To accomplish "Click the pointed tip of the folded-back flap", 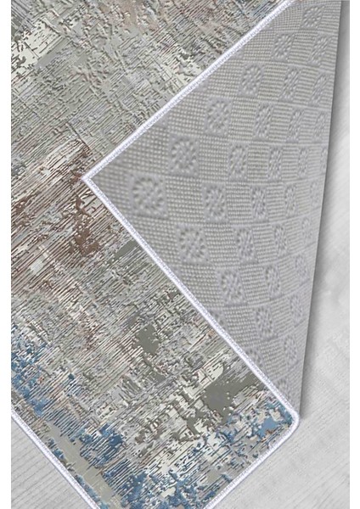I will pyautogui.click(x=88, y=179).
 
